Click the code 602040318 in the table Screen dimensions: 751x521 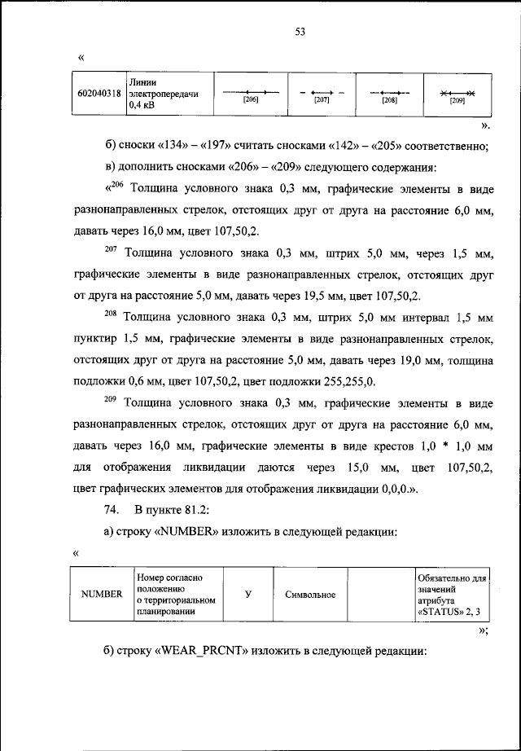(99, 94)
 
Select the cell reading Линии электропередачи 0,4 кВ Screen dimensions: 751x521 (163, 94)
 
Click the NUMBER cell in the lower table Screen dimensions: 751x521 (101, 594)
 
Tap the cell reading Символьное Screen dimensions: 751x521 (311, 595)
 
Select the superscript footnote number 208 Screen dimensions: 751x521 (111, 312)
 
